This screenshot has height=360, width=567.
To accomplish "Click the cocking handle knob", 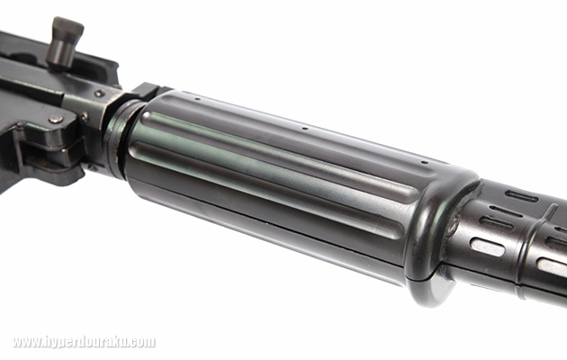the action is pyautogui.click(x=66, y=41).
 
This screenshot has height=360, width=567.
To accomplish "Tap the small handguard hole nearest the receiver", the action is pyautogui.click(x=197, y=98).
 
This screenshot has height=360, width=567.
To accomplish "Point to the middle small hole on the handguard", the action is pyautogui.click(x=305, y=129).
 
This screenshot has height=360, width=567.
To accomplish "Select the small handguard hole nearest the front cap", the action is pyautogui.click(x=425, y=162).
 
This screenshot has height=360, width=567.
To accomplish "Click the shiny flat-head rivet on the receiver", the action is pyautogui.click(x=56, y=119).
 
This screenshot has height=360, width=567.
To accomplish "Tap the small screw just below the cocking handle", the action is pyautogui.click(x=99, y=94).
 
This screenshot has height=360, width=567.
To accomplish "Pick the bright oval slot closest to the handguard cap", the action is pyautogui.click(x=488, y=247).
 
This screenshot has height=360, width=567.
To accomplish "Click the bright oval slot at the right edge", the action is pyautogui.click(x=553, y=267).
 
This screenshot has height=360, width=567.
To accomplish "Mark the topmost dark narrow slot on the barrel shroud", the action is pyautogui.click(x=522, y=196).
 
